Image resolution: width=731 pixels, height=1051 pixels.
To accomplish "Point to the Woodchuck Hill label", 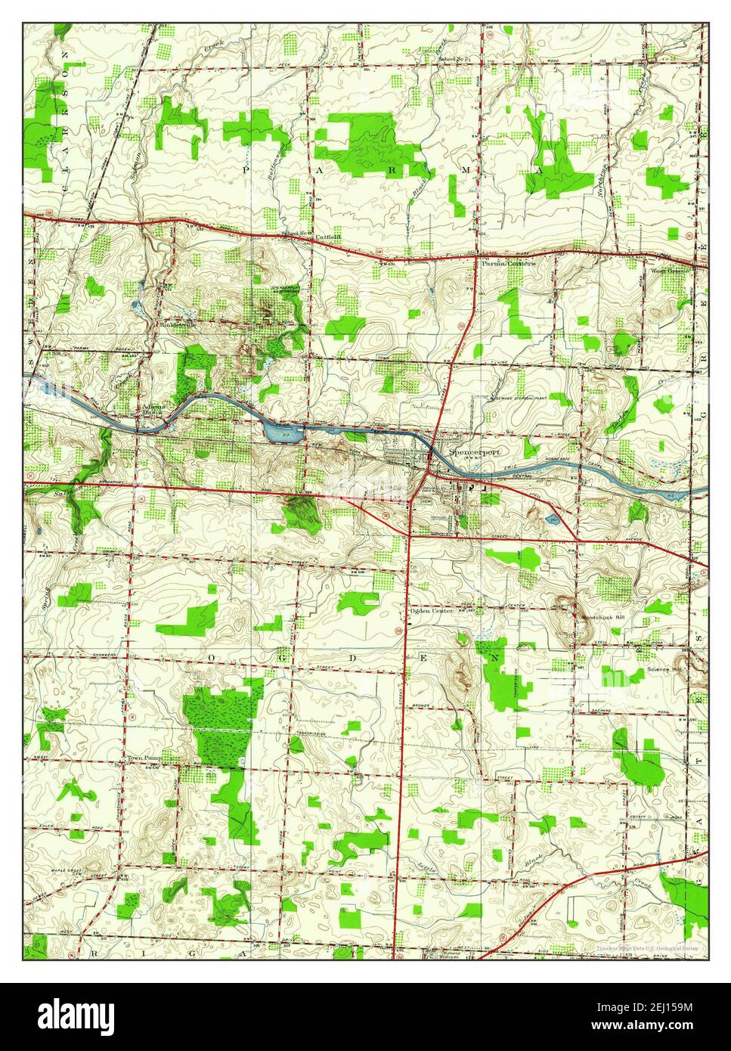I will coord(603,617).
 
